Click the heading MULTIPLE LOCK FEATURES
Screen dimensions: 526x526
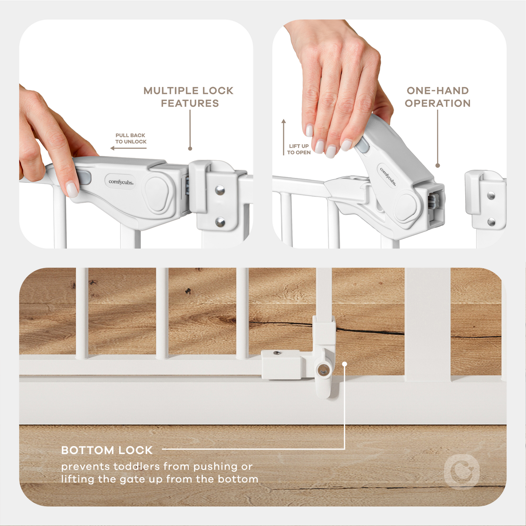pos(189,97)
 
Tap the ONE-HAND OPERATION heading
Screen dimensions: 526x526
pos(438,97)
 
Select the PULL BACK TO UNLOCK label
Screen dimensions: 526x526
pos(131,138)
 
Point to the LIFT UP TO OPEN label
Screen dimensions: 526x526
pos(299,149)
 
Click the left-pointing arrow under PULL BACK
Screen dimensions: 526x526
pos(128,148)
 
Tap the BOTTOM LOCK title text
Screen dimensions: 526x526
pos(107,450)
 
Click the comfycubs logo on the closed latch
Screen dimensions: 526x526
pos(121,182)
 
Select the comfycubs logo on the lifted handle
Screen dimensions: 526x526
pos(388,177)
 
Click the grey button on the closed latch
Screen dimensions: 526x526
pos(84,178)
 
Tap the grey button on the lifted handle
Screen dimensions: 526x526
pos(362,145)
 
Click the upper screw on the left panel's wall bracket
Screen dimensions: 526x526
pos(220,190)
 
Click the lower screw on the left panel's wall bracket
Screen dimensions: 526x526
pos(220,222)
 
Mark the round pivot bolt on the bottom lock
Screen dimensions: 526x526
pos(322,371)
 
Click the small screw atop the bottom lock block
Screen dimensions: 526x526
pos(277,353)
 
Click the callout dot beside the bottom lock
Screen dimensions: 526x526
pos(344,364)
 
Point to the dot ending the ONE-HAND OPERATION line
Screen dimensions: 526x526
pos(438,166)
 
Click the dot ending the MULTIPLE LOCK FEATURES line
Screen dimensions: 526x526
pos(190,149)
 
